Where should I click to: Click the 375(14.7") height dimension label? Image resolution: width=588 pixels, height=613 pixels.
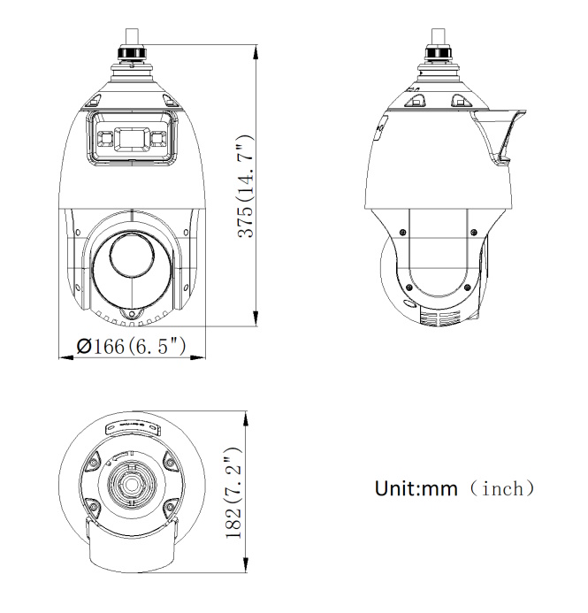click(x=246, y=187)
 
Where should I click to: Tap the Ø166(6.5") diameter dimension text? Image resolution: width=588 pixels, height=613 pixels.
click(x=131, y=347)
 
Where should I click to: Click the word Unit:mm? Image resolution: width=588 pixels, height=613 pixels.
click(x=416, y=488)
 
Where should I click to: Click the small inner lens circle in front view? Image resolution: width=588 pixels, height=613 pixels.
click(x=132, y=254)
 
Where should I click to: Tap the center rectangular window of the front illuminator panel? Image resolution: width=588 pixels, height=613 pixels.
click(x=132, y=138)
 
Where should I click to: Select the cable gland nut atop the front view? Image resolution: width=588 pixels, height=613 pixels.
click(x=132, y=52)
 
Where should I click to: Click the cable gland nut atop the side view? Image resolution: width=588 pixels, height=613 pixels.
click(x=439, y=52)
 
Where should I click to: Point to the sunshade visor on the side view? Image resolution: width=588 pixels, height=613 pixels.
click(x=498, y=133)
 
